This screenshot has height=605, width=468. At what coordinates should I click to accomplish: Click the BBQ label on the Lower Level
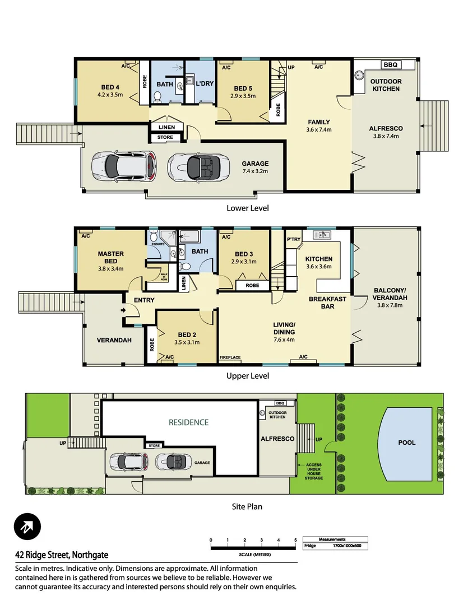click(x=390, y=65)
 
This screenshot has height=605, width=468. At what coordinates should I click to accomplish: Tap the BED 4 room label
click(x=110, y=87)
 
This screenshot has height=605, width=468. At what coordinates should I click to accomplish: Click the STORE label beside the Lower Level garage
click(x=165, y=137)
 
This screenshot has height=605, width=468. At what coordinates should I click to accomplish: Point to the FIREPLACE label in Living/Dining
click(x=230, y=357)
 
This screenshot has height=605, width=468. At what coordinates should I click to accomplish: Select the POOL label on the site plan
click(x=407, y=443)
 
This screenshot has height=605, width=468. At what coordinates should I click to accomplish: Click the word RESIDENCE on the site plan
click(x=188, y=422)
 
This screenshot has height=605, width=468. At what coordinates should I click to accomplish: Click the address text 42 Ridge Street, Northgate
click(x=62, y=555)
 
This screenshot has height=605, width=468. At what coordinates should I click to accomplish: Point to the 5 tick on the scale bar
click(x=295, y=540)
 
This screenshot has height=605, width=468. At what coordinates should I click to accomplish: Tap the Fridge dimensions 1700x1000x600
click(x=346, y=545)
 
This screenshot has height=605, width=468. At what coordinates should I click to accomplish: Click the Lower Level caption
click(x=247, y=208)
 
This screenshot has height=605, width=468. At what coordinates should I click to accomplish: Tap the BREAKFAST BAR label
click(x=327, y=302)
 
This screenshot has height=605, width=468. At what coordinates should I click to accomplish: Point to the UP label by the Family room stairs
click(x=291, y=68)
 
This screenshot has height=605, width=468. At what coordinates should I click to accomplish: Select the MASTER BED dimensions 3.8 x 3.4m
click(x=110, y=268)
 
